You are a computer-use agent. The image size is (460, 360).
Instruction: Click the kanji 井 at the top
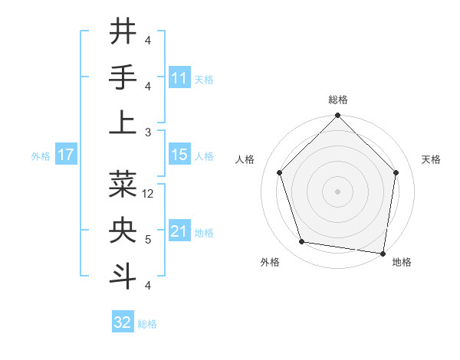[123, 31]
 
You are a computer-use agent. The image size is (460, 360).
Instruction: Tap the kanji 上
[123, 123]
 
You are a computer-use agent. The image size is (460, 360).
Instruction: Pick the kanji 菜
[123, 184]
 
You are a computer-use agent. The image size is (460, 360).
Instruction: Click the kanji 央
[123, 230]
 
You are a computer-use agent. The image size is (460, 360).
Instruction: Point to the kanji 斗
[123, 276]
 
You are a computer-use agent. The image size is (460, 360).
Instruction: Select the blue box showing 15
[179, 155]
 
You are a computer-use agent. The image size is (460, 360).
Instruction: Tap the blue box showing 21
[179, 231]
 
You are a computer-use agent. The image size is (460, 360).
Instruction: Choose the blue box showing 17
[65, 155]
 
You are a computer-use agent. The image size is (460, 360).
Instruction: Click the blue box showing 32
[123, 322]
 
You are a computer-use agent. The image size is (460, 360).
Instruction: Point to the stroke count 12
[149, 194]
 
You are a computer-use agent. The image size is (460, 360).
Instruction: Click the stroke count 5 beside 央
[148, 240]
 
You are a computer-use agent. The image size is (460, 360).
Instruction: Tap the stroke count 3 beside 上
[148, 132]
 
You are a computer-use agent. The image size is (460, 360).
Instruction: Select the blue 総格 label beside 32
[148, 324]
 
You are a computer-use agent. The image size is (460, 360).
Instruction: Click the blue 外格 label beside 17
[41, 156]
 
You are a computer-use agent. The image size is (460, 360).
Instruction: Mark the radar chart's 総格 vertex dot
[337, 116]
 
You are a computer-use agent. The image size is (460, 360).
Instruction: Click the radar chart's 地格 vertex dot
[383, 253]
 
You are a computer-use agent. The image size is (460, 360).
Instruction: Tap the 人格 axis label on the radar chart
[246, 159]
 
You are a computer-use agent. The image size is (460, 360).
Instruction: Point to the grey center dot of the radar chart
[337, 191]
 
